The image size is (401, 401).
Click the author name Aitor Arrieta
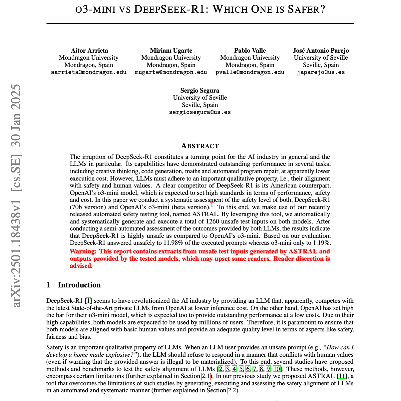coord(89,51)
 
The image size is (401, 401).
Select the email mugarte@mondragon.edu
coord(171,72)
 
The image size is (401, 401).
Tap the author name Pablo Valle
coord(250,51)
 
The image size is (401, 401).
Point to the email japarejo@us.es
coord(321,72)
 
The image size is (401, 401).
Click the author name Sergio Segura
coord(200,91)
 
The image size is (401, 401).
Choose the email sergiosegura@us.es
coord(200,112)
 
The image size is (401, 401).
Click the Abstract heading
coord(200,146)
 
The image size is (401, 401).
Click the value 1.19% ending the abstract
coord(322,243)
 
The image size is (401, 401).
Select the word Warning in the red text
coord(83,251)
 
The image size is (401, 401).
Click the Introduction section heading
coord(79,285)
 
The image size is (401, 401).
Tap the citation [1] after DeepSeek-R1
coord(88,301)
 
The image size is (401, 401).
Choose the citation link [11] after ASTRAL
coord(342,376)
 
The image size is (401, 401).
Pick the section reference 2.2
coord(232,391)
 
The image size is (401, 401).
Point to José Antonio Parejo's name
coord(321,51)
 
